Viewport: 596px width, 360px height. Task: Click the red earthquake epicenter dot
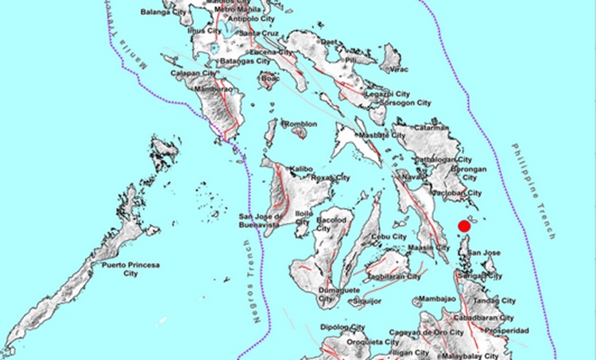point(465,228)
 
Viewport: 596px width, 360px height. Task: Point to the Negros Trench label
point(257,287)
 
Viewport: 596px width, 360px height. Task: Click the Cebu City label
point(389,237)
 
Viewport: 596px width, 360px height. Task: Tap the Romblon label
point(302,124)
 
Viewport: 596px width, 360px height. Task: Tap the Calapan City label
point(194,73)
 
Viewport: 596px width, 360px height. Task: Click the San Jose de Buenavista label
point(266,220)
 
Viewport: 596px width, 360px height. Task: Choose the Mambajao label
point(436,299)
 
